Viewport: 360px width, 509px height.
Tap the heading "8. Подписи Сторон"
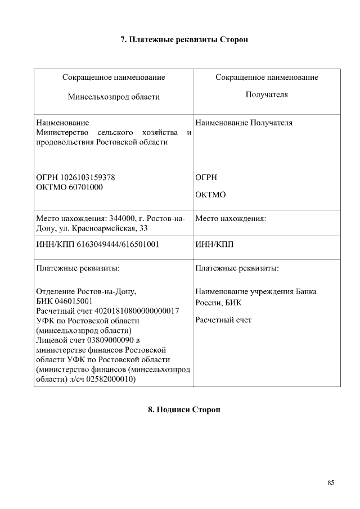184,409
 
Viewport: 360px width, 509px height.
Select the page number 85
331,482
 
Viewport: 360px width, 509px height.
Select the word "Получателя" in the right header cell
267,94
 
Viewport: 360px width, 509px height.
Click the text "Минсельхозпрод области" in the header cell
114,97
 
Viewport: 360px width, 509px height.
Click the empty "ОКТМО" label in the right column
210,195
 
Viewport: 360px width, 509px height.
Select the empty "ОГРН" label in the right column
206,177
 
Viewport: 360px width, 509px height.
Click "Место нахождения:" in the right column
231,218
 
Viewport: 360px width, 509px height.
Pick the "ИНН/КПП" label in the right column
214,245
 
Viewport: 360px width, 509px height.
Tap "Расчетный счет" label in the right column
223,320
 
